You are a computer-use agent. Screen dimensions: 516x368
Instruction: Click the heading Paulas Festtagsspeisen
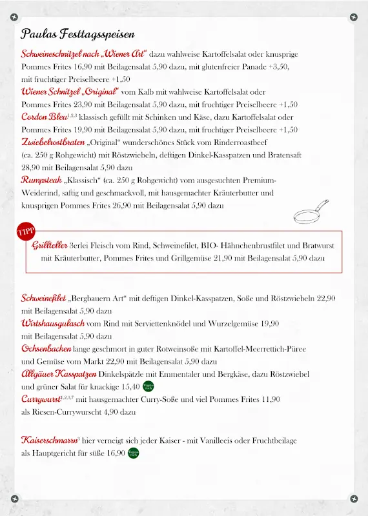(77, 34)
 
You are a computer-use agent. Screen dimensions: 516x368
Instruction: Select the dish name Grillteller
(50, 245)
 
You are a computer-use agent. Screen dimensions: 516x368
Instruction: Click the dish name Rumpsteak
(41, 180)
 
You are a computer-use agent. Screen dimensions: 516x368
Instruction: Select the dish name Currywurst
(42, 399)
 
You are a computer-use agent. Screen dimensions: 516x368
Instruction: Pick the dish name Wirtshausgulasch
(53, 323)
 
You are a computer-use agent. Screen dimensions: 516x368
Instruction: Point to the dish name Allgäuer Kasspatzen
(59, 374)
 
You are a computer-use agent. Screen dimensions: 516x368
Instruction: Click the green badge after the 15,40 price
(148, 386)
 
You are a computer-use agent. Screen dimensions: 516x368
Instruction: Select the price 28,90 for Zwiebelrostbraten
(31, 167)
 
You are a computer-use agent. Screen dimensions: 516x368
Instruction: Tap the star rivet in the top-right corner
(353, 16)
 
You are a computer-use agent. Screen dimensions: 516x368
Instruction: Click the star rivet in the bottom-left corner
(14, 499)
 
